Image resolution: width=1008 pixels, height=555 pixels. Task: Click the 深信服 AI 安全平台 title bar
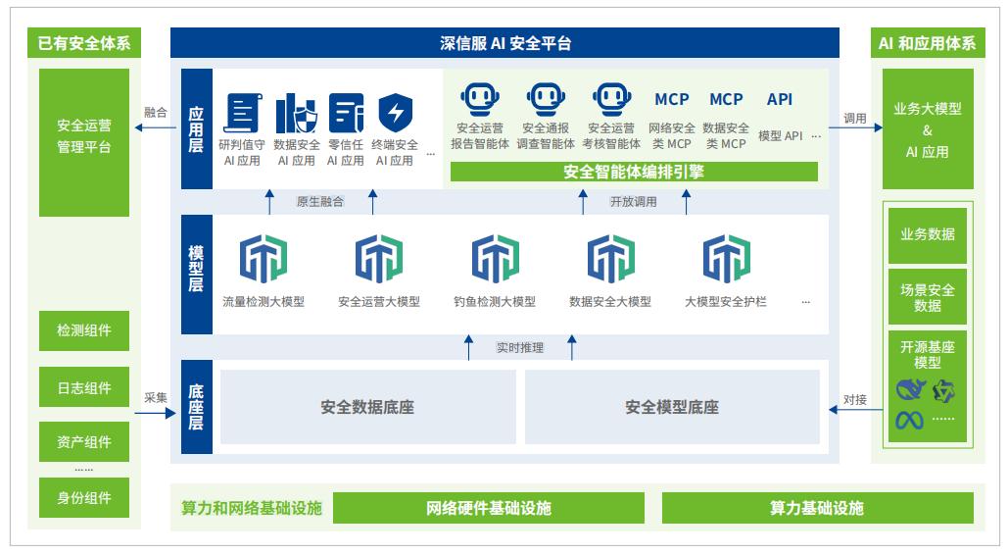[504, 42]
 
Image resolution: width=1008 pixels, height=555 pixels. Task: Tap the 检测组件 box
[83, 331]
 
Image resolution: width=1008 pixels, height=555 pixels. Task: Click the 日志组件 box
[83, 388]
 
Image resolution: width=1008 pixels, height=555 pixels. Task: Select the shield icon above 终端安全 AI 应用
[396, 113]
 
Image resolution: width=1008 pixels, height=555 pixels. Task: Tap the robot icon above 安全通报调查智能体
[546, 100]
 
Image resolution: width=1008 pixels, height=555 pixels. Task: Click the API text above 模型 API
[780, 99]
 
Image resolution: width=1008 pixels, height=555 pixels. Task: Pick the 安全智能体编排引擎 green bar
[634, 172]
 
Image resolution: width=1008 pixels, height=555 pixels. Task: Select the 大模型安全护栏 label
[725, 302]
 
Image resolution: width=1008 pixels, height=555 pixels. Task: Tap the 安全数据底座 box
[367, 406]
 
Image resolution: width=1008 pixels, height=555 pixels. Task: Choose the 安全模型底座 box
[672, 406]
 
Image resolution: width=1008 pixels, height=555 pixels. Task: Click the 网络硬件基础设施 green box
[489, 508]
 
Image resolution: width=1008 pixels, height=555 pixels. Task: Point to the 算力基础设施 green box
[817, 508]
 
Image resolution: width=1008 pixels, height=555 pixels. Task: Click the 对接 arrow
[853, 413]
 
